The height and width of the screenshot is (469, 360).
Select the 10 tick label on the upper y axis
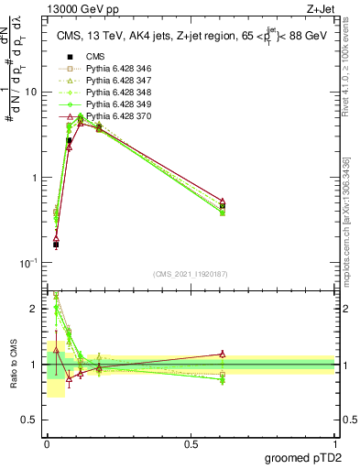(30, 92)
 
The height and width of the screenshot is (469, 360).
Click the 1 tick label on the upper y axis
(34, 178)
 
